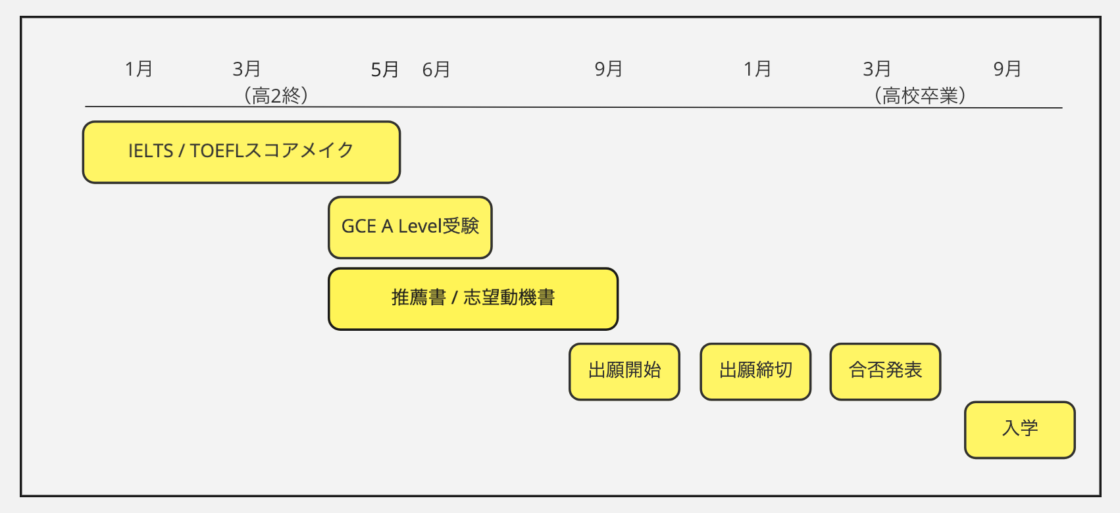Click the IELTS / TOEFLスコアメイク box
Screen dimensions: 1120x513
point(242,152)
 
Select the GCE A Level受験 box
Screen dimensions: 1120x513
point(410,228)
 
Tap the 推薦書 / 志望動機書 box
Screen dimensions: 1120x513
point(473,299)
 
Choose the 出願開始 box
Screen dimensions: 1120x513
point(624,371)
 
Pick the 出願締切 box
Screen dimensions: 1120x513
point(755,371)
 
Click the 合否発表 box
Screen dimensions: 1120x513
point(885,371)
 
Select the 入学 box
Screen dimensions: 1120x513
point(1019,429)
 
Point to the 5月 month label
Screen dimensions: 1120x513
point(384,70)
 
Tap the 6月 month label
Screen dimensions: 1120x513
point(436,70)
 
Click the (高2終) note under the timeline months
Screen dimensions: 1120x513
point(276,95)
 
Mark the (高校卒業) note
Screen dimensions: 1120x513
point(919,95)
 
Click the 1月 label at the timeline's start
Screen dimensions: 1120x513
point(138,69)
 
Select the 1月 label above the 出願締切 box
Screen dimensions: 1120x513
point(757,69)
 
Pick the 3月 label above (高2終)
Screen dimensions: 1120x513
point(247,69)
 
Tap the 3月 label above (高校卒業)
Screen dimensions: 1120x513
point(877,69)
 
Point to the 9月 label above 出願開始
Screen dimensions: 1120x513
point(609,69)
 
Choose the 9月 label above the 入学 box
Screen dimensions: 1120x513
point(1007,69)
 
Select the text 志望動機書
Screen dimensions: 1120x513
point(509,298)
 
